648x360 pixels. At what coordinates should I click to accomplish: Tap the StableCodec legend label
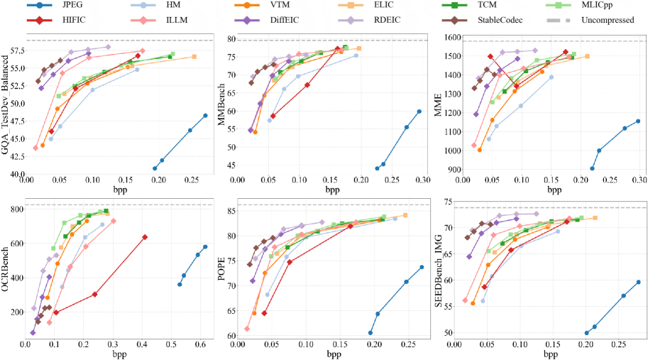point(507,20)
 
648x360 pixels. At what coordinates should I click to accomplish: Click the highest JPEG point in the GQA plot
point(205,115)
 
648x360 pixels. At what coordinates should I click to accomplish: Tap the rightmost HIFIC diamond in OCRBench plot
point(145,237)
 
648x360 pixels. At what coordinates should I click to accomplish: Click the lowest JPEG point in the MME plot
point(593,168)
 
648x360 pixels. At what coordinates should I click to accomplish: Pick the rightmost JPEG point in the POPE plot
point(422,267)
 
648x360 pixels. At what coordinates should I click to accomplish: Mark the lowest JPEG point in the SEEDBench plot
point(587,332)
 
